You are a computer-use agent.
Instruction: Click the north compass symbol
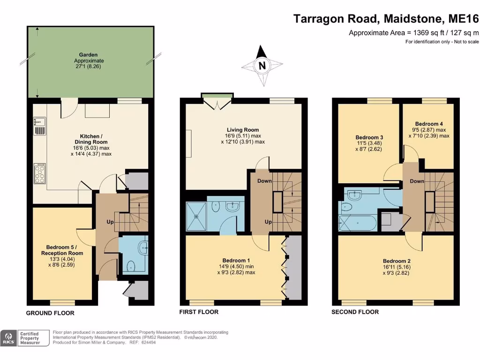pos(262,66)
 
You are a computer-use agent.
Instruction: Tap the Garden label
pos(89,55)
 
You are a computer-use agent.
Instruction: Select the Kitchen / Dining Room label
pos(91,139)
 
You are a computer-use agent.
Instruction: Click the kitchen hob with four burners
pos(39,173)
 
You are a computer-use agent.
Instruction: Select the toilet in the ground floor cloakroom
pos(131,266)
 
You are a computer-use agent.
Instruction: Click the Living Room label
pos(243,130)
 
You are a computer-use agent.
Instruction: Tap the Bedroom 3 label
pos(368,138)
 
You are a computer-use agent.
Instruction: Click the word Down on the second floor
pos(417,181)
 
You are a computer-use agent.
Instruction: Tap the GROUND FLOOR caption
pos(50,313)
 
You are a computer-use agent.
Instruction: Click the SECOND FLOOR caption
pos(355,312)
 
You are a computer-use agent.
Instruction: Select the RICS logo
pos(8,338)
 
